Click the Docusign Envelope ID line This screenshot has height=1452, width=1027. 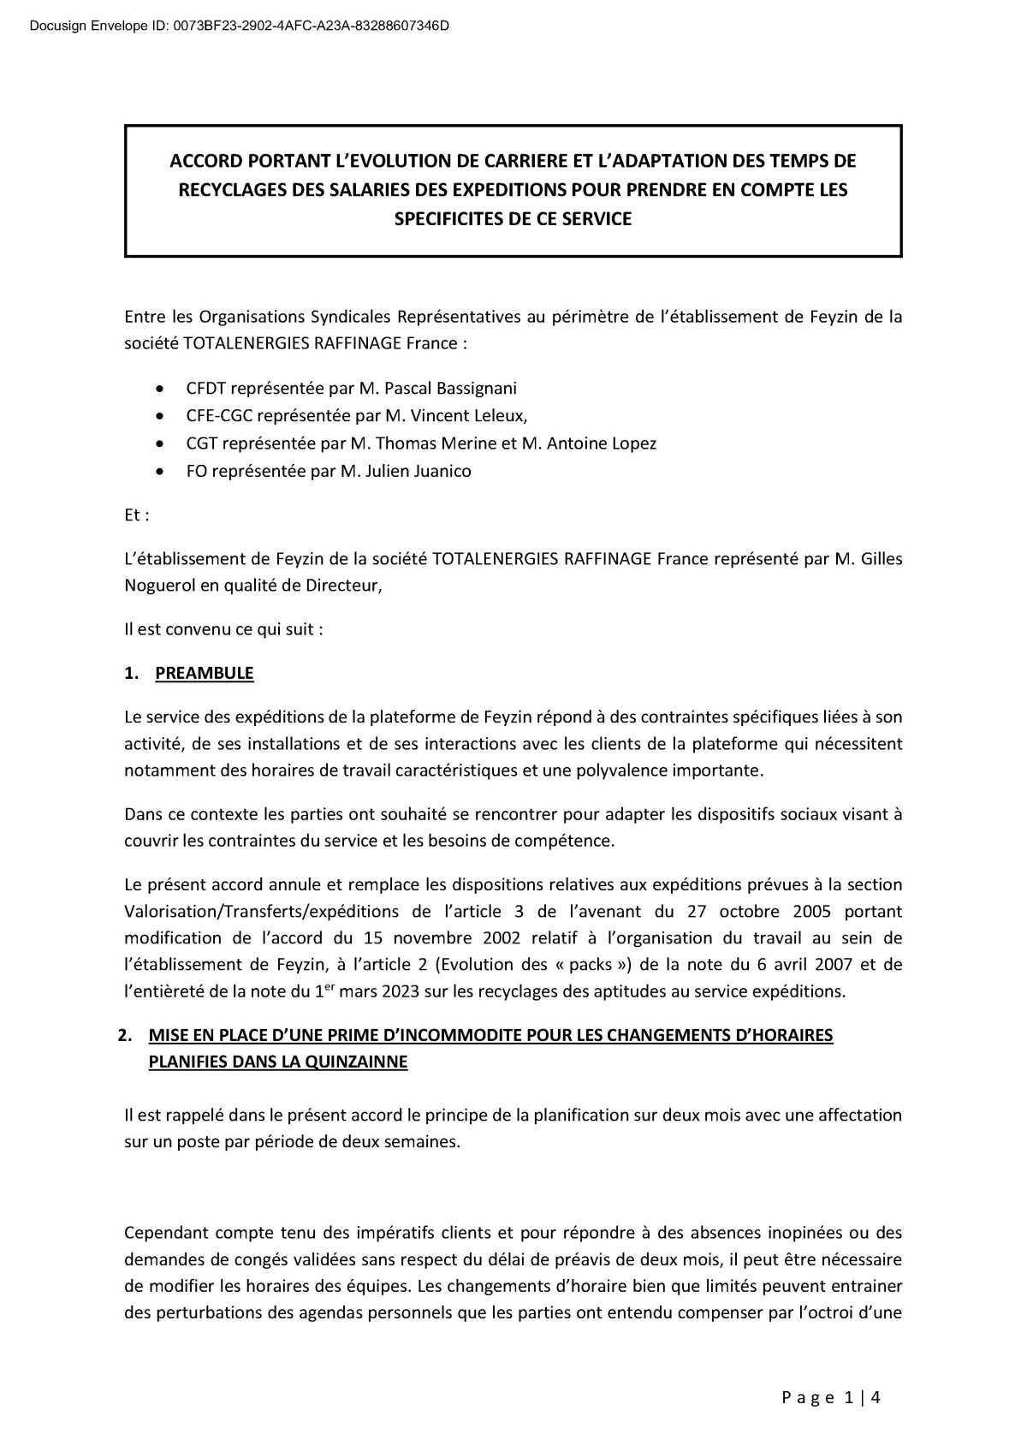pyautogui.click(x=240, y=27)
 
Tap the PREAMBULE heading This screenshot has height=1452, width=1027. pyautogui.click(x=204, y=673)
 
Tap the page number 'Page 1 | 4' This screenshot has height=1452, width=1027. pyautogui.click(x=831, y=1398)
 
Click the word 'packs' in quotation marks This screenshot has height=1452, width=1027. pyautogui.click(x=591, y=965)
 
